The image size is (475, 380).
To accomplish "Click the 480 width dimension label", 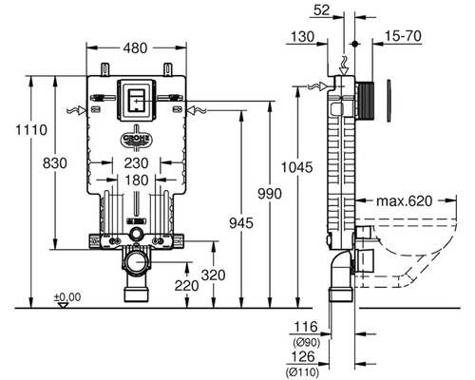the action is pos(135,48).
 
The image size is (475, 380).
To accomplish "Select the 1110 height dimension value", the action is pos(31,130).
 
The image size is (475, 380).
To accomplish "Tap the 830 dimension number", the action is pos(55,163).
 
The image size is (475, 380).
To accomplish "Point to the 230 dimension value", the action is pos(136,163).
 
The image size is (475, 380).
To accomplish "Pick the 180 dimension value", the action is pos(136,180).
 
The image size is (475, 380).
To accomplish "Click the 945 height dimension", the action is pos(241,223).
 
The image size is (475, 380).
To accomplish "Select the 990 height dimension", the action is pos(270,194).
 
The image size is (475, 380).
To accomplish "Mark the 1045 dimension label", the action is pos(297,167).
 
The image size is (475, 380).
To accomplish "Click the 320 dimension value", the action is pos(214,275).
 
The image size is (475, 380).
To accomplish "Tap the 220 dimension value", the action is pos(187,286).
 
